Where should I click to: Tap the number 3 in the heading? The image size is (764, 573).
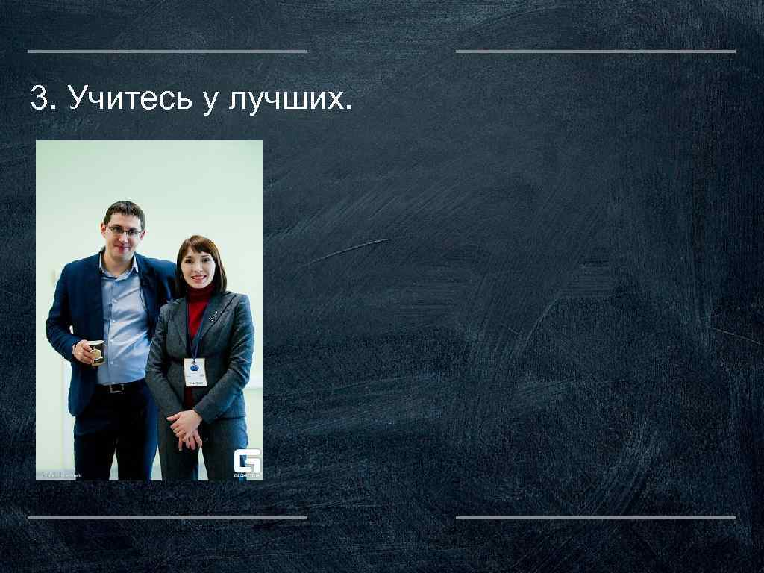point(39,98)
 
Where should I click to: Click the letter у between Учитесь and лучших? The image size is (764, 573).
point(209,101)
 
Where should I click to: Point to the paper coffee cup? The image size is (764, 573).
point(97,352)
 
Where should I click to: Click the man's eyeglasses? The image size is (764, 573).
point(124,231)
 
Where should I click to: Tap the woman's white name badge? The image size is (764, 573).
point(195,371)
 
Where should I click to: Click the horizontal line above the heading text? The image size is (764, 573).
point(167,51)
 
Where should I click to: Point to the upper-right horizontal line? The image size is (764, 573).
point(595,51)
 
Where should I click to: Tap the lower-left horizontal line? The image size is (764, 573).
point(167,517)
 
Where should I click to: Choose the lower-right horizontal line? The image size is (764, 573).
point(595,517)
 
